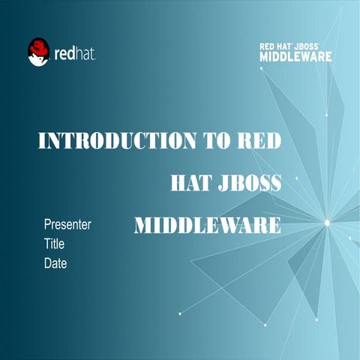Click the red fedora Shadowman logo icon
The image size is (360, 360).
(x=39, y=52)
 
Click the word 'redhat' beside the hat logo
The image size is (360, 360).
(x=76, y=53)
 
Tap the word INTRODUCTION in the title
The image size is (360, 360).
(x=112, y=141)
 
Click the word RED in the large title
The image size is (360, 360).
(x=259, y=141)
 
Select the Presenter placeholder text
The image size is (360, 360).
(x=67, y=224)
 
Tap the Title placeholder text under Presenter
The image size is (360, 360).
(x=55, y=244)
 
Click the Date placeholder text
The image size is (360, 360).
(x=55, y=263)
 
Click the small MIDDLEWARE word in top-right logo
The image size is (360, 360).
(x=295, y=55)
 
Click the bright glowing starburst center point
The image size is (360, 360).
(x=327, y=222)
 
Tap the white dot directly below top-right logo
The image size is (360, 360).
(x=261, y=68)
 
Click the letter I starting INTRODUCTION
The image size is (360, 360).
(x=42, y=141)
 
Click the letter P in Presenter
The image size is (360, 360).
(x=48, y=224)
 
